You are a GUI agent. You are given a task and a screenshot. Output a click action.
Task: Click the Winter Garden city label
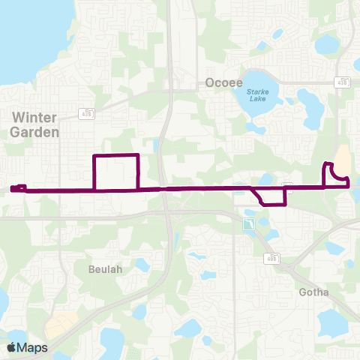coord(35,124)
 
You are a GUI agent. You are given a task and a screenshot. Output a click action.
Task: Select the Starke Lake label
coord(260,94)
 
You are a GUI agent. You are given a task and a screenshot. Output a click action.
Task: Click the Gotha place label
coord(313,292)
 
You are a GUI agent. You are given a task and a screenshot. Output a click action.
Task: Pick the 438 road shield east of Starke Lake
coord(340,82)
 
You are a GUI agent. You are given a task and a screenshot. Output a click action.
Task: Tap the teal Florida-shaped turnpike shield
coord(247,223)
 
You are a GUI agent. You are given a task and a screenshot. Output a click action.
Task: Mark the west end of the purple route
coord(13,189)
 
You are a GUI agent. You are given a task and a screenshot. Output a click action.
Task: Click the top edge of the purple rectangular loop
coord(115,155)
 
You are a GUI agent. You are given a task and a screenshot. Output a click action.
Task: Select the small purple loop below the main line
coord(273,196)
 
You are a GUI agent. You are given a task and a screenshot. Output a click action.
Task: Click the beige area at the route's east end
coord(342,160)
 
